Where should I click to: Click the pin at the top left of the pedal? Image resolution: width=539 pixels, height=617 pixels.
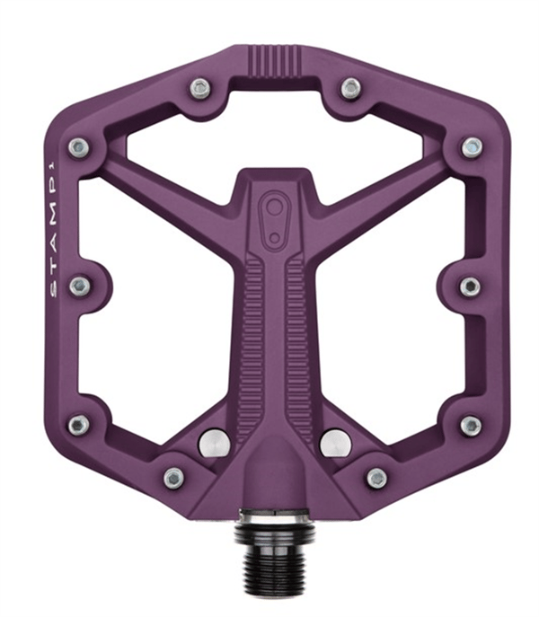[200, 89]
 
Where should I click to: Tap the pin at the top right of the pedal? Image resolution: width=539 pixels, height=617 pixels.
[350, 88]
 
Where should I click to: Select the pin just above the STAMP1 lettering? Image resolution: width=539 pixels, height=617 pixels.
[78, 147]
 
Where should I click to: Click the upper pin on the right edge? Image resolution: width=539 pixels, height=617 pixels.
[472, 147]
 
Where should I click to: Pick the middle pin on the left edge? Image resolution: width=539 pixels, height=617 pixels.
[80, 286]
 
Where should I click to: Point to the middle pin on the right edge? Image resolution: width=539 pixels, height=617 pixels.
[470, 286]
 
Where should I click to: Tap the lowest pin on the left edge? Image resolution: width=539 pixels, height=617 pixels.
[79, 425]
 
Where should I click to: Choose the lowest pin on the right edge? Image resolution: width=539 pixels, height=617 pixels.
[471, 426]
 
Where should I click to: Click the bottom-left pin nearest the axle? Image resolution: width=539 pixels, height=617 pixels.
[173, 478]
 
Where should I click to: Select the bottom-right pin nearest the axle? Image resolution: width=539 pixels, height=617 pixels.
[376, 478]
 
